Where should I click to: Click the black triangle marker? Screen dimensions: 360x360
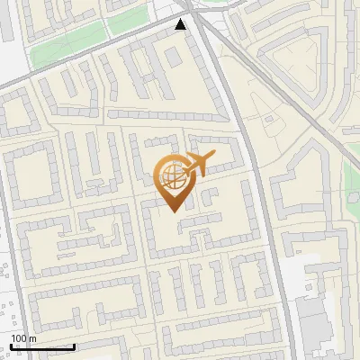[183, 24]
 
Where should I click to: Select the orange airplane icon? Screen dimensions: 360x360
[199, 165]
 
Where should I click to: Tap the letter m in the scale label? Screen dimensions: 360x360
[33, 338]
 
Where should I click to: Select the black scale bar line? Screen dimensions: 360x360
[42, 346]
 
